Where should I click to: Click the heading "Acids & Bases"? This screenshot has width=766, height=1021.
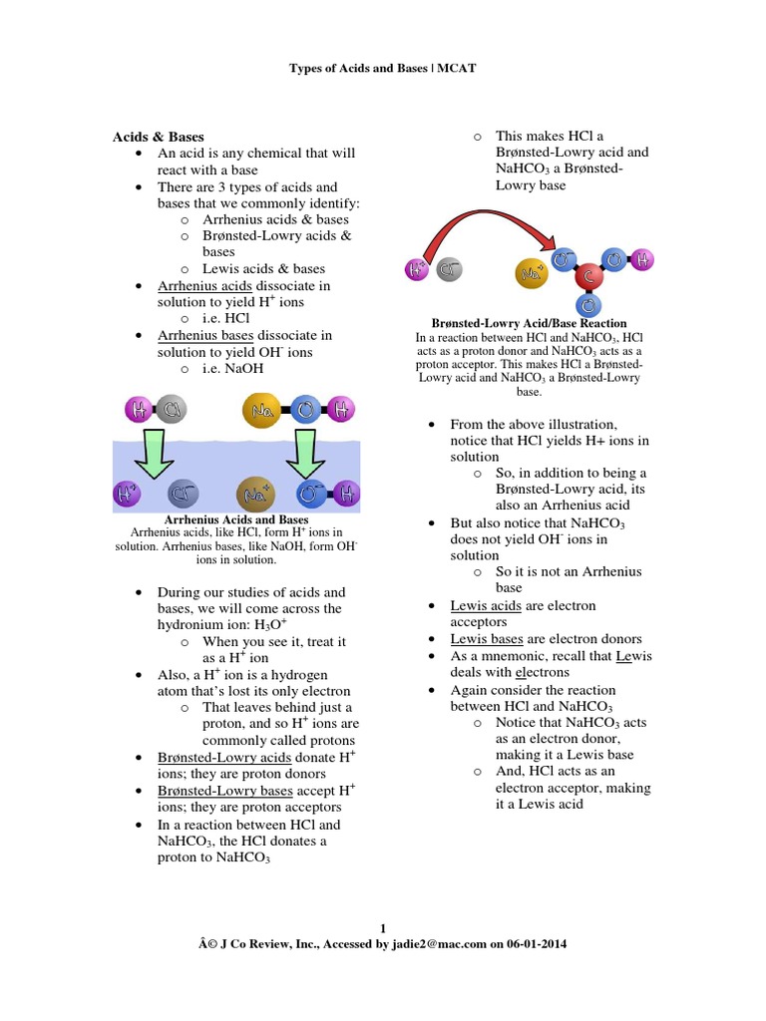click(x=158, y=137)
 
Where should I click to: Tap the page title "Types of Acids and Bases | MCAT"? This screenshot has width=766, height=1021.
click(x=383, y=68)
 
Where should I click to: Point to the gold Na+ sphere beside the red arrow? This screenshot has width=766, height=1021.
click(x=532, y=270)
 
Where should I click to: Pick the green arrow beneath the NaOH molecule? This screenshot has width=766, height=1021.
click(x=305, y=455)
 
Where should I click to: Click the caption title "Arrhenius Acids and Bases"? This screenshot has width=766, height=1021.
click(x=235, y=519)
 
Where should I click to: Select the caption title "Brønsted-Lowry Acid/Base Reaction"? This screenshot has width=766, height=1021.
click(x=529, y=323)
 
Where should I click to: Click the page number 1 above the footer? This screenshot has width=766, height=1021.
click(x=383, y=929)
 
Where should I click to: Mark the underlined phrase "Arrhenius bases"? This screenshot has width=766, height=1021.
click(x=205, y=335)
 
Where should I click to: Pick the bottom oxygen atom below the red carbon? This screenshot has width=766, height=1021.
click(x=588, y=305)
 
